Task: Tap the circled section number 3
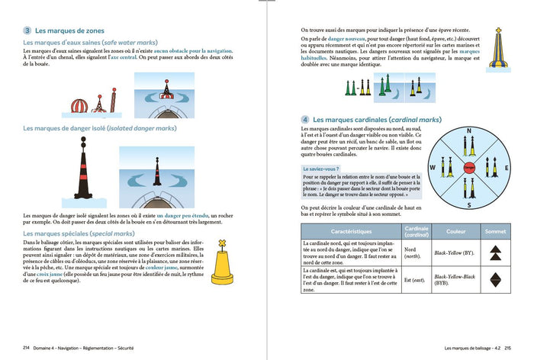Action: pyautogui.click(x=28, y=31)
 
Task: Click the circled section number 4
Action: pyautogui.click(x=305, y=120)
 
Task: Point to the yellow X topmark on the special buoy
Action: pyautogui.click(x=223, y=244)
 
